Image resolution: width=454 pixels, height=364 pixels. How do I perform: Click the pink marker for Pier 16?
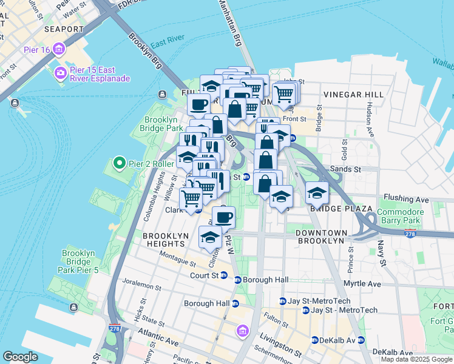tap(59, 49)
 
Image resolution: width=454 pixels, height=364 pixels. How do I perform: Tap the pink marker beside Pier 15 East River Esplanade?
tap(61, 73)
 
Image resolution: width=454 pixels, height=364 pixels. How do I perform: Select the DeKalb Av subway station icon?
tap(315, 340)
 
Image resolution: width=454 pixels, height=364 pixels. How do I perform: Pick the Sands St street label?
tap(344, 169)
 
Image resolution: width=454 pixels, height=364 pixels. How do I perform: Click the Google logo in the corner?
tap(21, 357)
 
